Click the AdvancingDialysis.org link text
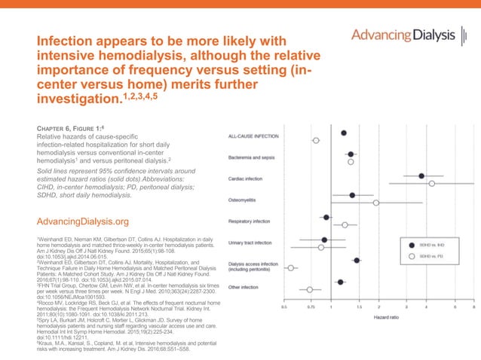(78, 221)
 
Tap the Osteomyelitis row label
(242, 200)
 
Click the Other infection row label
(243, 287)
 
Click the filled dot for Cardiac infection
(421, 175)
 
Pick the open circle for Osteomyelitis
(376, 203)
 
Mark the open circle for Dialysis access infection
(291, 267)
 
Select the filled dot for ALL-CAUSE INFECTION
(344, 133)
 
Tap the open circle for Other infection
(310, 289)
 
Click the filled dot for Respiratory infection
(326, 217)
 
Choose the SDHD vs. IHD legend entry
(432, 245)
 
